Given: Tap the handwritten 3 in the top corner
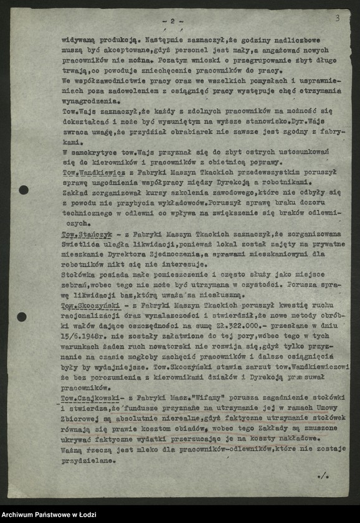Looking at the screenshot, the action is coord(337,18).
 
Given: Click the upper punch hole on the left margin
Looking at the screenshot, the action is coord(24,190).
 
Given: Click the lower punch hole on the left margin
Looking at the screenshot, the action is coord(22,317).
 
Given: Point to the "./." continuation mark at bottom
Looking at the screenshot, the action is coord(323,476).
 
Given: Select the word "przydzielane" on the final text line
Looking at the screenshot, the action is coord(88,461).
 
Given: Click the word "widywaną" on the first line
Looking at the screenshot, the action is coord(78,39).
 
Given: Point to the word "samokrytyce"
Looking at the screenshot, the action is coord(94,151).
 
